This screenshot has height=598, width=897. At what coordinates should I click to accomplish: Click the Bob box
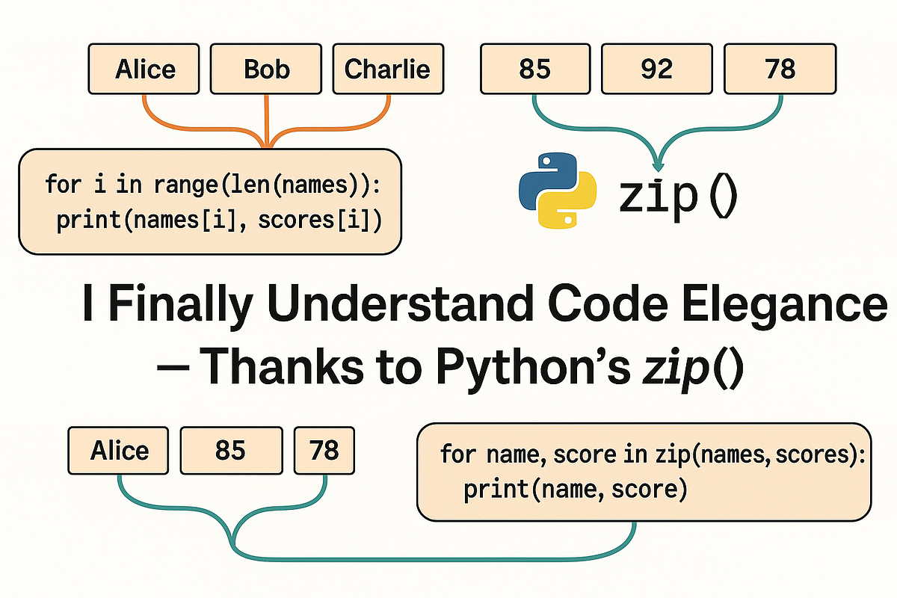[x=266, y=69]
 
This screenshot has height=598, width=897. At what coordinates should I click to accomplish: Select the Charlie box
[x=387, y=69]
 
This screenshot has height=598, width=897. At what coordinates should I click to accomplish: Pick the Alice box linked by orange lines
[x=145, y=69]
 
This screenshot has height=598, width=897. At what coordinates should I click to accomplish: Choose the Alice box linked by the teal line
[x=120, y=451]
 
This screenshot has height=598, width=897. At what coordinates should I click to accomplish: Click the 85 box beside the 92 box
[x=534, y=69]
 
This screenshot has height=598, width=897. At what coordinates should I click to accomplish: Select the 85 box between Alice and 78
[x=230, y=451]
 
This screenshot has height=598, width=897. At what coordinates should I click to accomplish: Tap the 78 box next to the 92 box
[x=780, y=69]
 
